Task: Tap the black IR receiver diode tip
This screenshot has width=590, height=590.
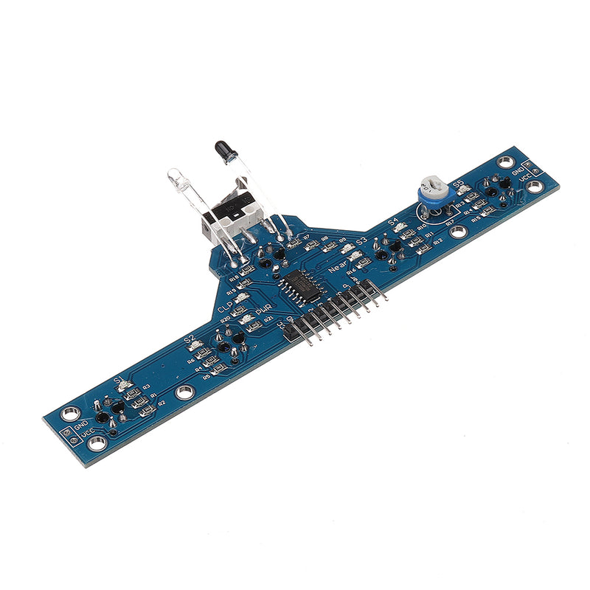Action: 220,147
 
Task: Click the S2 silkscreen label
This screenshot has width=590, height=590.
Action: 190,340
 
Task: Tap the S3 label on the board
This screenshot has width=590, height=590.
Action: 361,241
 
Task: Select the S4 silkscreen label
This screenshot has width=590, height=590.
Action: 392,221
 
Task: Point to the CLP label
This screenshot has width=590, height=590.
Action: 226,308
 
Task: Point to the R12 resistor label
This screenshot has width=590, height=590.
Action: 438,240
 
